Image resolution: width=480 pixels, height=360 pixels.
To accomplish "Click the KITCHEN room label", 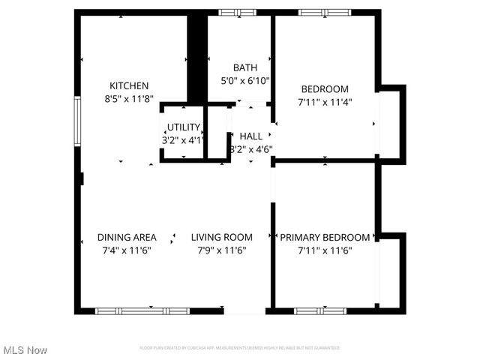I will point(129,85).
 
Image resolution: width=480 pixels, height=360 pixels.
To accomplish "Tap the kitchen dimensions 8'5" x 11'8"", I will point(129,98).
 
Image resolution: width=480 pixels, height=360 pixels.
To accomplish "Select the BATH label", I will point(244,67).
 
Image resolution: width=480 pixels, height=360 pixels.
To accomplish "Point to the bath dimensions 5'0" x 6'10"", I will point(244,80).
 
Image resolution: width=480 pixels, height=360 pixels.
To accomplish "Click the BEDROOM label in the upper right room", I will point(324,88).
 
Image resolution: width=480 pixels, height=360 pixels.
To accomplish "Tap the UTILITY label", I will point(183,127).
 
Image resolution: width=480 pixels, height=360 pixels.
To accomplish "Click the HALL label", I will point(251,136).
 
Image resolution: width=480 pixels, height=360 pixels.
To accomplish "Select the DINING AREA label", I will point(127,238).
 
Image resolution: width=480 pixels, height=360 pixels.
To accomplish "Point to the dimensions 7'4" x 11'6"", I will point(127,250).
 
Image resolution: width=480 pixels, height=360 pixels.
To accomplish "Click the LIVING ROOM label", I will point(221,238).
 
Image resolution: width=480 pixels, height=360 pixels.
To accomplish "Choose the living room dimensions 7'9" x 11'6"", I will point(221,250).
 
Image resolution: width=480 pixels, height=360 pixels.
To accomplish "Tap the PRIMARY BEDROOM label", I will point(325,238).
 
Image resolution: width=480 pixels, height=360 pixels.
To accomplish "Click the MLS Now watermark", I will point(25,350).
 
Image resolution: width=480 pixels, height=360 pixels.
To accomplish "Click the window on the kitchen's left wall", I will point(76,120).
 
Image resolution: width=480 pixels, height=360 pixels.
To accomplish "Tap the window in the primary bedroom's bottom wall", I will point(319,310).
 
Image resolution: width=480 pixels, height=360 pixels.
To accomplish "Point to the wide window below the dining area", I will point(142,310).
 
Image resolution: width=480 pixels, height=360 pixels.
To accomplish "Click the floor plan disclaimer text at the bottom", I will point(240,348).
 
